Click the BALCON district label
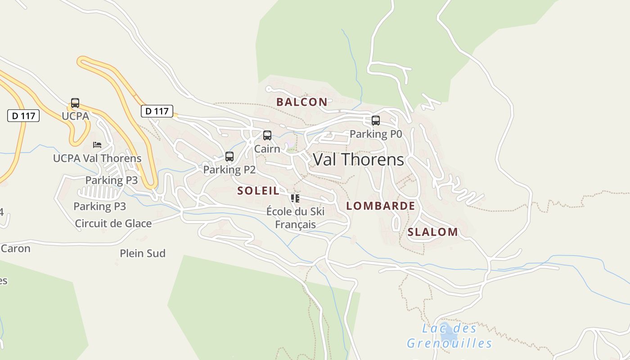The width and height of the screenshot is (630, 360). coord(301,102)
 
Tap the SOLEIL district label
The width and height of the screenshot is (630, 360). coord(258,191)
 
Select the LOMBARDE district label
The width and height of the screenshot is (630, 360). coord(380,206)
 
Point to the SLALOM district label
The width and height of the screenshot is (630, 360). coord(432,232)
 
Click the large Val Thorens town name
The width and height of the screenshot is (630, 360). coord(358,160)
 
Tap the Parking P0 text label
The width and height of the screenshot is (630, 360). coord(375,134)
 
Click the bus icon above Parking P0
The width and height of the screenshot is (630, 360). coord(375,121)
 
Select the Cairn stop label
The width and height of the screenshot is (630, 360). coord(267,148)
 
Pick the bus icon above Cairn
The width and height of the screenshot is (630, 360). coord(267,135)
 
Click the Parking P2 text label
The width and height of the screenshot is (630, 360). coord(229,170)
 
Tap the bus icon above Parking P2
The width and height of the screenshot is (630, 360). coord(229,157)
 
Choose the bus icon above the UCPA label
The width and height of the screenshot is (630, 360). coord(75,103)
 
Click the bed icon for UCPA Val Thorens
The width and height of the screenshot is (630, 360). coord(97,145)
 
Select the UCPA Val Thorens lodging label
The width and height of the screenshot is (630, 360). coord(97,158)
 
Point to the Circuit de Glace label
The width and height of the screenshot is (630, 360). coord(113,223)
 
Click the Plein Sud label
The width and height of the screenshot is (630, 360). coord(142,253)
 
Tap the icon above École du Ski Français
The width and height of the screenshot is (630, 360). coord(295,198)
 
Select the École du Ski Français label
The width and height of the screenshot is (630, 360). coord(295,218)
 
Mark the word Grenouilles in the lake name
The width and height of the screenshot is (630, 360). coord(449,344)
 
